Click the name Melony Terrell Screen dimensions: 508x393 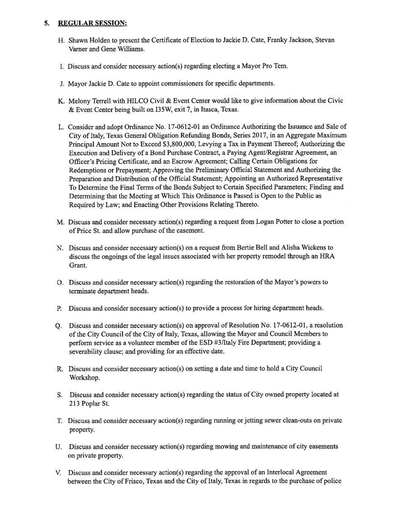coord(90,101)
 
